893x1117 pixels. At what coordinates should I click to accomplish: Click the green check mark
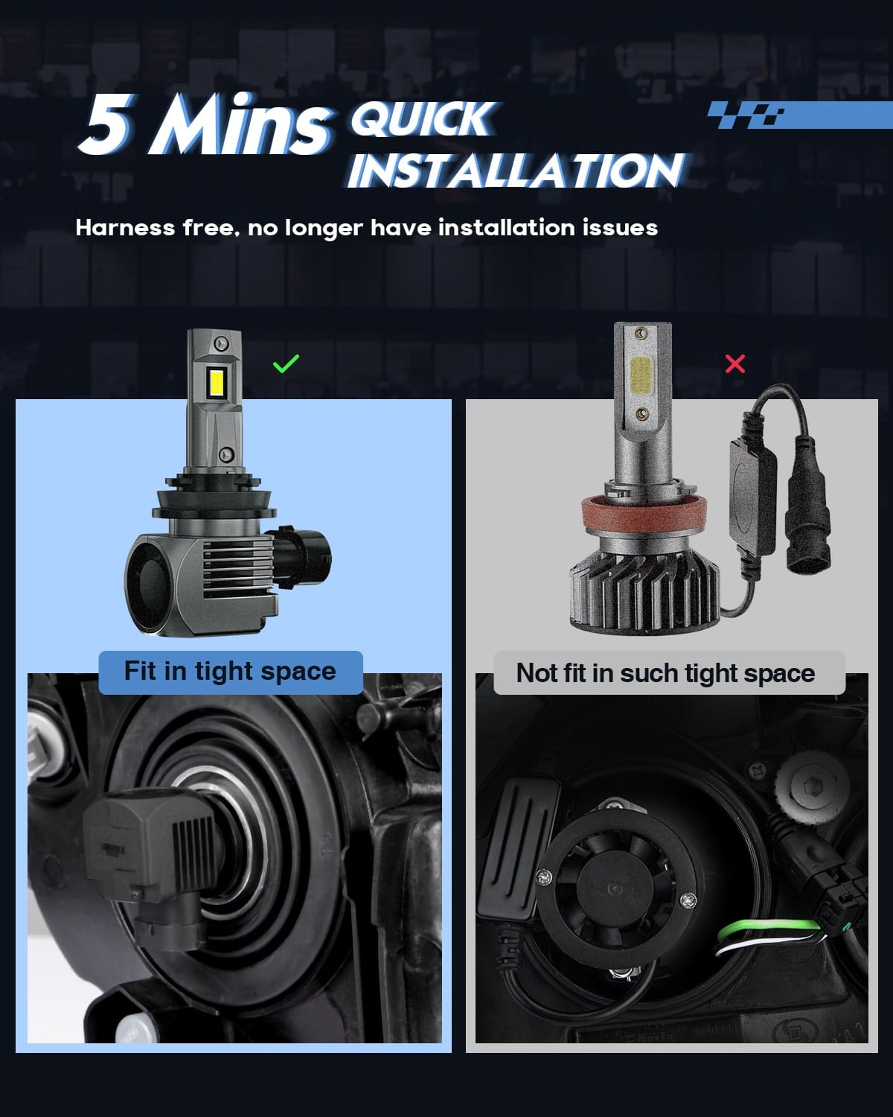(x=286, y=363)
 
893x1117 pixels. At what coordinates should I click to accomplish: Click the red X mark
(x=734, y=363)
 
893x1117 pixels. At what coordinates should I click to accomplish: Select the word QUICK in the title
(x=422, y=118)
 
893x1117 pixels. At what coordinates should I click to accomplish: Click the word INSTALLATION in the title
(x=515, y=171)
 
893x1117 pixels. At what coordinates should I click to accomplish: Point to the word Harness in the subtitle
(x=125, y=227)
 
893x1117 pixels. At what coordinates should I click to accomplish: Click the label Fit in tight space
(x=230, y=672)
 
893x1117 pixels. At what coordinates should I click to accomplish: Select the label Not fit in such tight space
(x=665, y=673)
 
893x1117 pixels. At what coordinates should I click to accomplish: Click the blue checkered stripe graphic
(x=796, y=115)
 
